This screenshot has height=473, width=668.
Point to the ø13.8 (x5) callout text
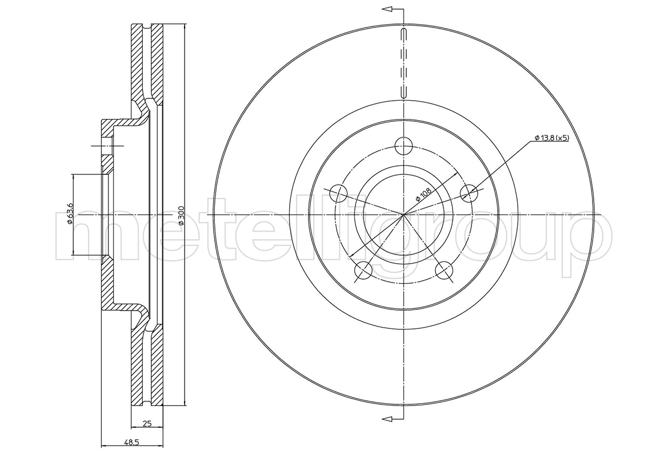point(551,138)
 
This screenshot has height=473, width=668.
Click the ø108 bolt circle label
point(424,194)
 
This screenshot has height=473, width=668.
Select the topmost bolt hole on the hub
point(403,146)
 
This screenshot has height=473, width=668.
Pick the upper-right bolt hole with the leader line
point(469,193)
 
